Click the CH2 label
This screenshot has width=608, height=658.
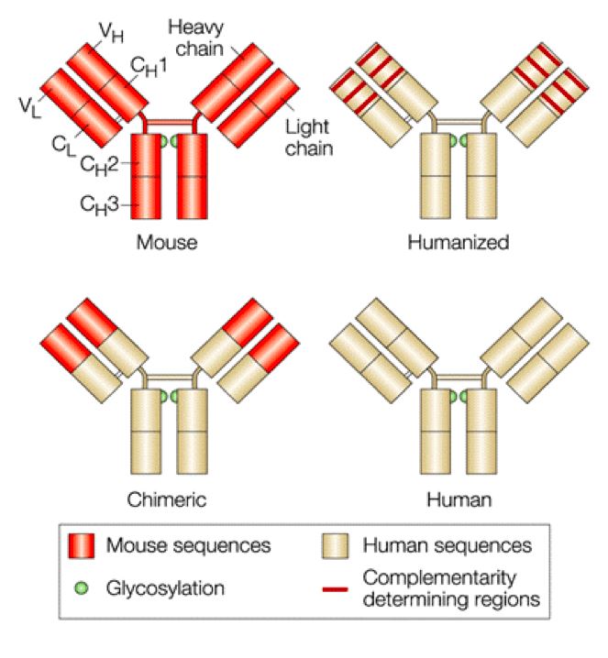(97, 165)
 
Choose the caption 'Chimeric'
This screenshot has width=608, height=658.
(166, 499)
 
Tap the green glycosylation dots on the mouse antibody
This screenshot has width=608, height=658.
(168, 141)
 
